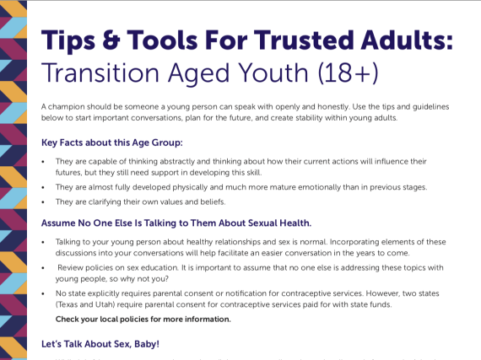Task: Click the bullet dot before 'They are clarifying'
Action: pos(44,203)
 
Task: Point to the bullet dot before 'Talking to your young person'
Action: pos(44,242)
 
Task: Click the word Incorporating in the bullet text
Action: pos(306,242)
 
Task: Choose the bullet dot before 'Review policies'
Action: pos(44,268)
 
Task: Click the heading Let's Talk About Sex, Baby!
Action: pos(100,344)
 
